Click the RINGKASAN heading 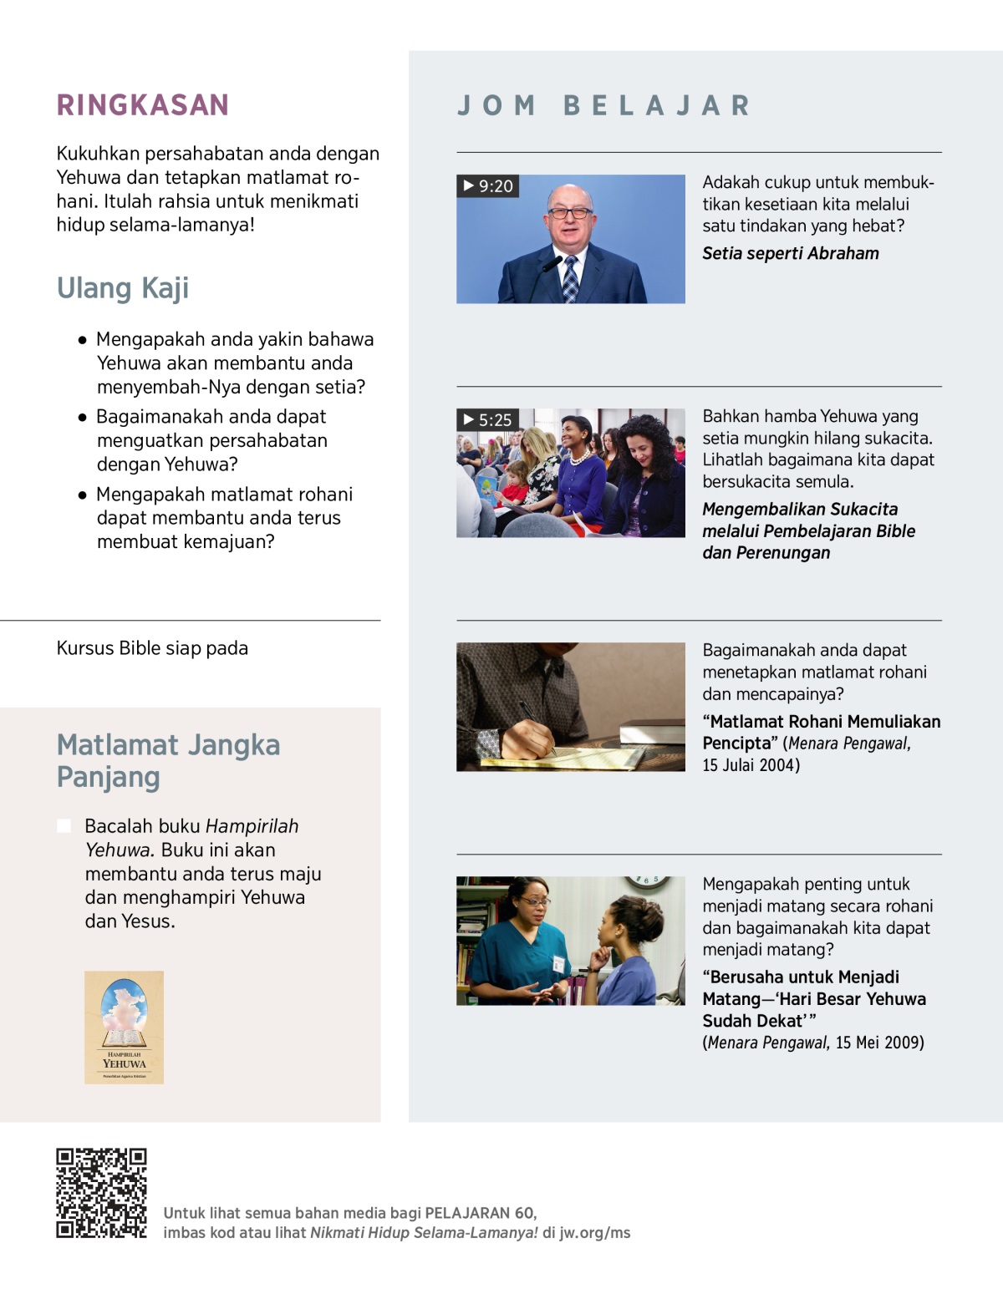pos(142,105)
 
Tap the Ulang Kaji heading pos(123,288)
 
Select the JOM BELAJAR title pos(603,105)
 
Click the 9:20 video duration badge pos(488,186)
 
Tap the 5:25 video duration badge pos(488,420)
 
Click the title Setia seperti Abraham pos(790,254)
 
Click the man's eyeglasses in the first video pos(570,213)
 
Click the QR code pos(101,1193)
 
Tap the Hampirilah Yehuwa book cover pos(124,1028)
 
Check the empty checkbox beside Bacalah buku pos(64,826)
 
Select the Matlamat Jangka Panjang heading pos(168,761)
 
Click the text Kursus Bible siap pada pos(152,648)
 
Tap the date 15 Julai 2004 pos(751,765)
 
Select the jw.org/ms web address pos(595,1233)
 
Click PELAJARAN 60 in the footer pos(479,1213)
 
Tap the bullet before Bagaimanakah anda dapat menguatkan pos(82,417)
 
